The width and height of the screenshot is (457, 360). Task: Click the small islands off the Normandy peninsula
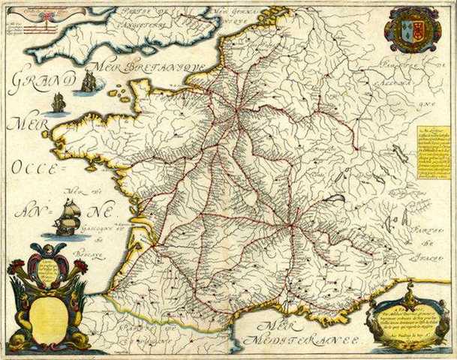118,93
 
